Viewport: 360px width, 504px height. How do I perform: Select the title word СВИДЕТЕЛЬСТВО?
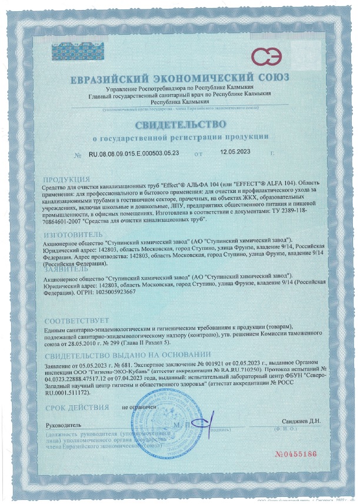(180, 125)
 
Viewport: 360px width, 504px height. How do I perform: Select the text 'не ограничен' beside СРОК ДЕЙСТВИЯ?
(139, 406)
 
